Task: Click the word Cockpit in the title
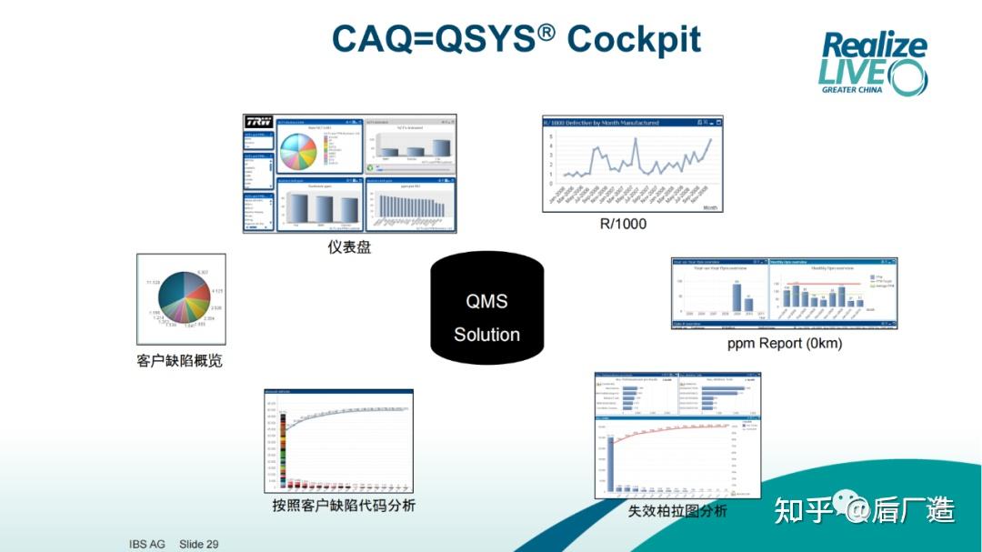pyautogui.click(x=634, y=39)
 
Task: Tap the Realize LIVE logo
pyautogui.click(x=873, y=63)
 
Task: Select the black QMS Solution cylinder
pyautogui.click(x=486, y=308)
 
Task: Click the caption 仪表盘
pyautogui.click(x=349, y=246)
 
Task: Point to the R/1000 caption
pyautogui.click(x=624, y=224)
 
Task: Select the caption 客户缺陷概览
pyautogui.click(x=179, y=360)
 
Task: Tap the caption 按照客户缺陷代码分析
pyautogui.click(x=344, y=505)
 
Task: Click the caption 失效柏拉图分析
pyautogui.click(x=677, y=511)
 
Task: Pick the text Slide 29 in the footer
pyautogui.click(x=199, y=544)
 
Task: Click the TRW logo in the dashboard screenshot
pyautogui.click(x=258, y=123)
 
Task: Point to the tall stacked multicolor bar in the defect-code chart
pyautogui.click(x=284, y=450)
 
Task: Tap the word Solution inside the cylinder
pyautogui.click(x=486, y=334)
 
